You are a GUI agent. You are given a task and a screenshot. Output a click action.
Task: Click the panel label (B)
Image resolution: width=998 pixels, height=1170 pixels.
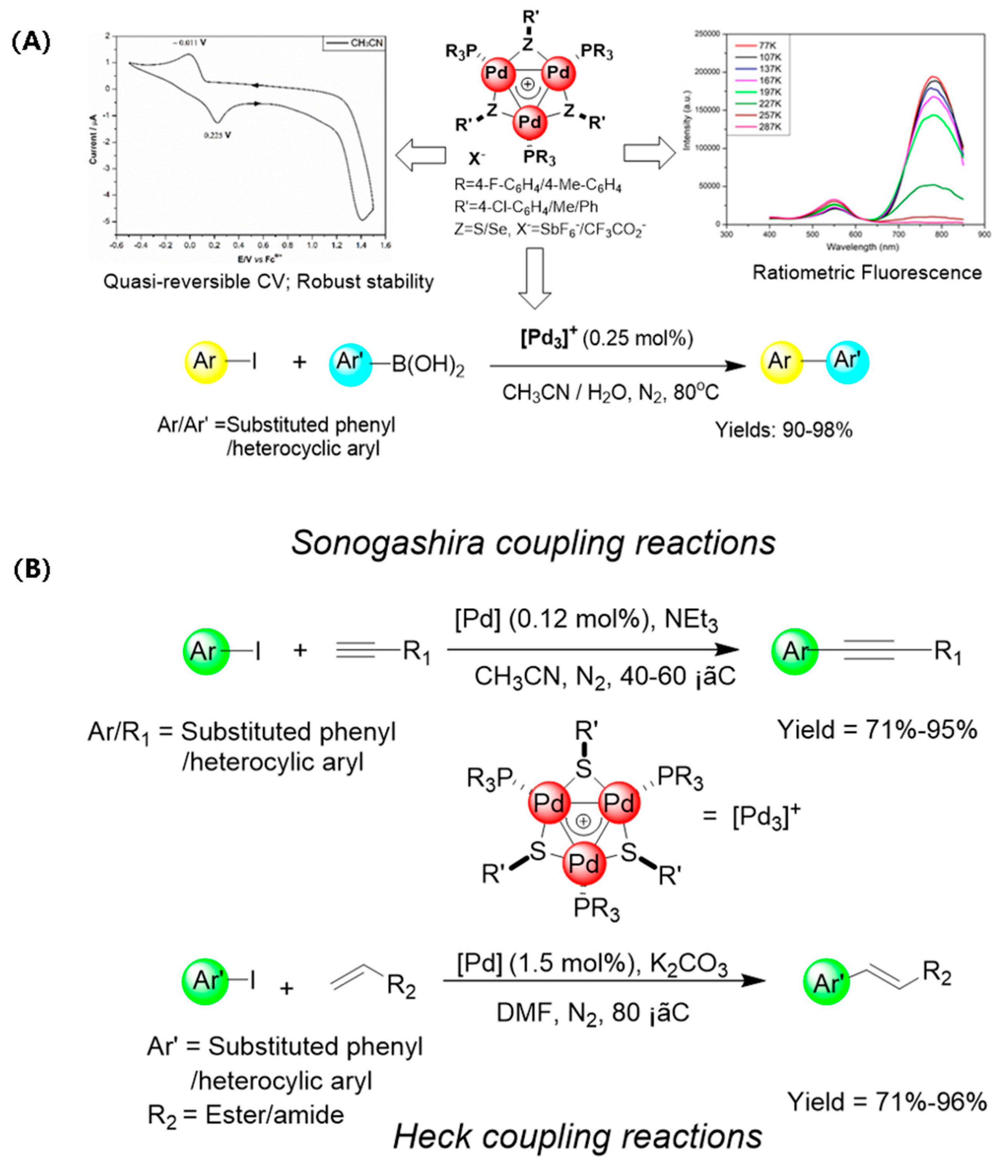click(x=32, y=569)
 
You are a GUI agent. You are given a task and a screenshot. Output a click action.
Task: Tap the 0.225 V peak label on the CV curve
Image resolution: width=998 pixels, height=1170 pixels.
click(x=217, y=136)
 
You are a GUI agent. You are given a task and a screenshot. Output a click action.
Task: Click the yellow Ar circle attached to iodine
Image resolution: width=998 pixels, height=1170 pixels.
click(x=205, y=362)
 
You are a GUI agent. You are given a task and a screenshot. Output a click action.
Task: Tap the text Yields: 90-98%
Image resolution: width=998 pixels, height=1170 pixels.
click(x=783, y=430)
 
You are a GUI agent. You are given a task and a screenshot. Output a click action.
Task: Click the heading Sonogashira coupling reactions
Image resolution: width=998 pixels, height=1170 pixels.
click(x=533, y=543)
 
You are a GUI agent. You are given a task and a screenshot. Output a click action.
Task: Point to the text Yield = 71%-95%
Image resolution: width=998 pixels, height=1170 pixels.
click(x=877, y=730)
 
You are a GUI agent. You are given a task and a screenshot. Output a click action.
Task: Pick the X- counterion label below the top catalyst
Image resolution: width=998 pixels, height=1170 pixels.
click(x=476, y=159)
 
